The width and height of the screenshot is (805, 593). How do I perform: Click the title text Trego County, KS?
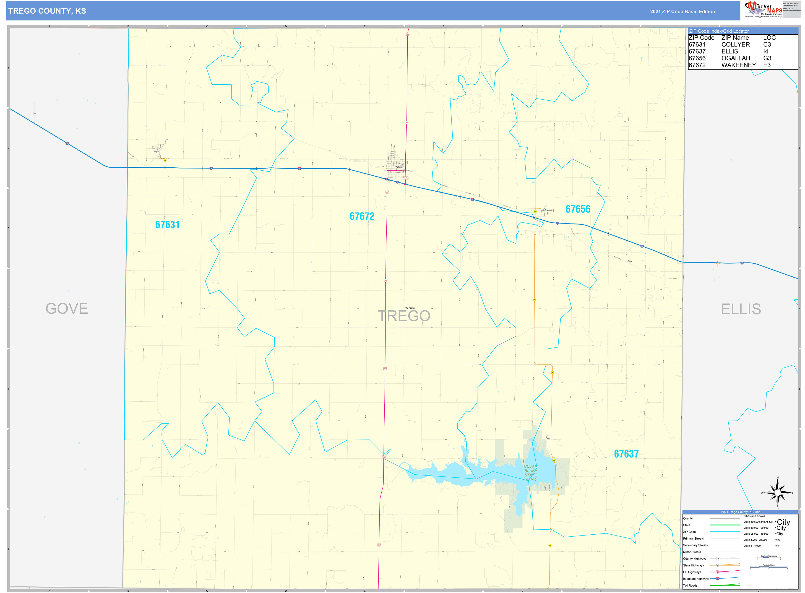47,11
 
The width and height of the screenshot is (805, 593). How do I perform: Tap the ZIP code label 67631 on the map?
167,225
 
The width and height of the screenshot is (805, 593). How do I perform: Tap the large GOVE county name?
67,309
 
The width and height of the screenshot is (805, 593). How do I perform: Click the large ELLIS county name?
740,309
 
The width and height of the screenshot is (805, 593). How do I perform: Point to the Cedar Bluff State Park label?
530,473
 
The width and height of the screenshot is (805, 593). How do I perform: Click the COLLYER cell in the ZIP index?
735,44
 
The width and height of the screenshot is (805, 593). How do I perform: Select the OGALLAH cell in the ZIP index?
735,58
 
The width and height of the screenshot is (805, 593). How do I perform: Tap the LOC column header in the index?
769,38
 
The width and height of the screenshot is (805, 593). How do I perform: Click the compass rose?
777,493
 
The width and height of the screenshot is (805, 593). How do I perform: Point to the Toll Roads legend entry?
690,585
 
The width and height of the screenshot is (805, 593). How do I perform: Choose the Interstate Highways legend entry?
696,579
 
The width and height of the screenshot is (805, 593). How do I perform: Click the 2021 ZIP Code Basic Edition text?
682,11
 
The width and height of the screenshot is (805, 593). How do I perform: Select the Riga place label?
630,261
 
